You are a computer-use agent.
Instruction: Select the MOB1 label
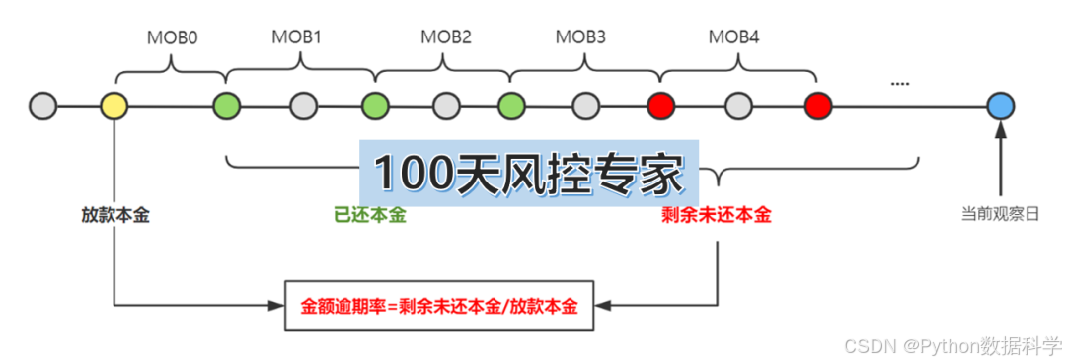(296, 37)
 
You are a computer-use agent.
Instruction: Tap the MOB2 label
(445, 37)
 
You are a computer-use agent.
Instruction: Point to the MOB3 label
(580, 37)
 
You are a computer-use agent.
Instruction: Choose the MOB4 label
(734, 37)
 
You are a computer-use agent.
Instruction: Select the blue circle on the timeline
(1001, 105)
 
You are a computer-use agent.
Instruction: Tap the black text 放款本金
(115, 215)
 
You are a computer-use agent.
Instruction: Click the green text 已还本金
(370, 215)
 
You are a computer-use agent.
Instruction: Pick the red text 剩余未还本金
(716, 215)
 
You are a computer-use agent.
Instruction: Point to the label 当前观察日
(1001, 213)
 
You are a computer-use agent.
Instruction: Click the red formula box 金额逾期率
(439, 306)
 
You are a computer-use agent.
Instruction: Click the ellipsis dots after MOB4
(899, 84)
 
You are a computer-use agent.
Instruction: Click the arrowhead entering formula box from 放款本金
(275, 306)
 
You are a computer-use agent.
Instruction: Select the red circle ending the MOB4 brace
(818, 105)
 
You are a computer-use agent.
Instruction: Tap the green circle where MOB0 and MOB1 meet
(227, 105)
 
